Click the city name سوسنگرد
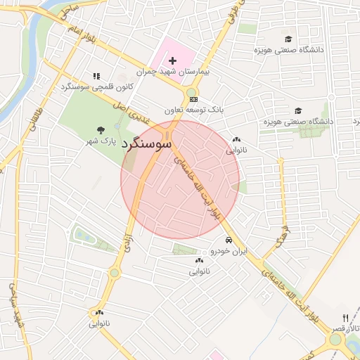point(147,143)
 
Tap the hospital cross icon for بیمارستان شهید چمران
point(172,61)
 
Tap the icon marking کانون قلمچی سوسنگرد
point(96,76)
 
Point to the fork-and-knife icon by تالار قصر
point(345,318)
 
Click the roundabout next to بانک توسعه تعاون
point(191,94)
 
